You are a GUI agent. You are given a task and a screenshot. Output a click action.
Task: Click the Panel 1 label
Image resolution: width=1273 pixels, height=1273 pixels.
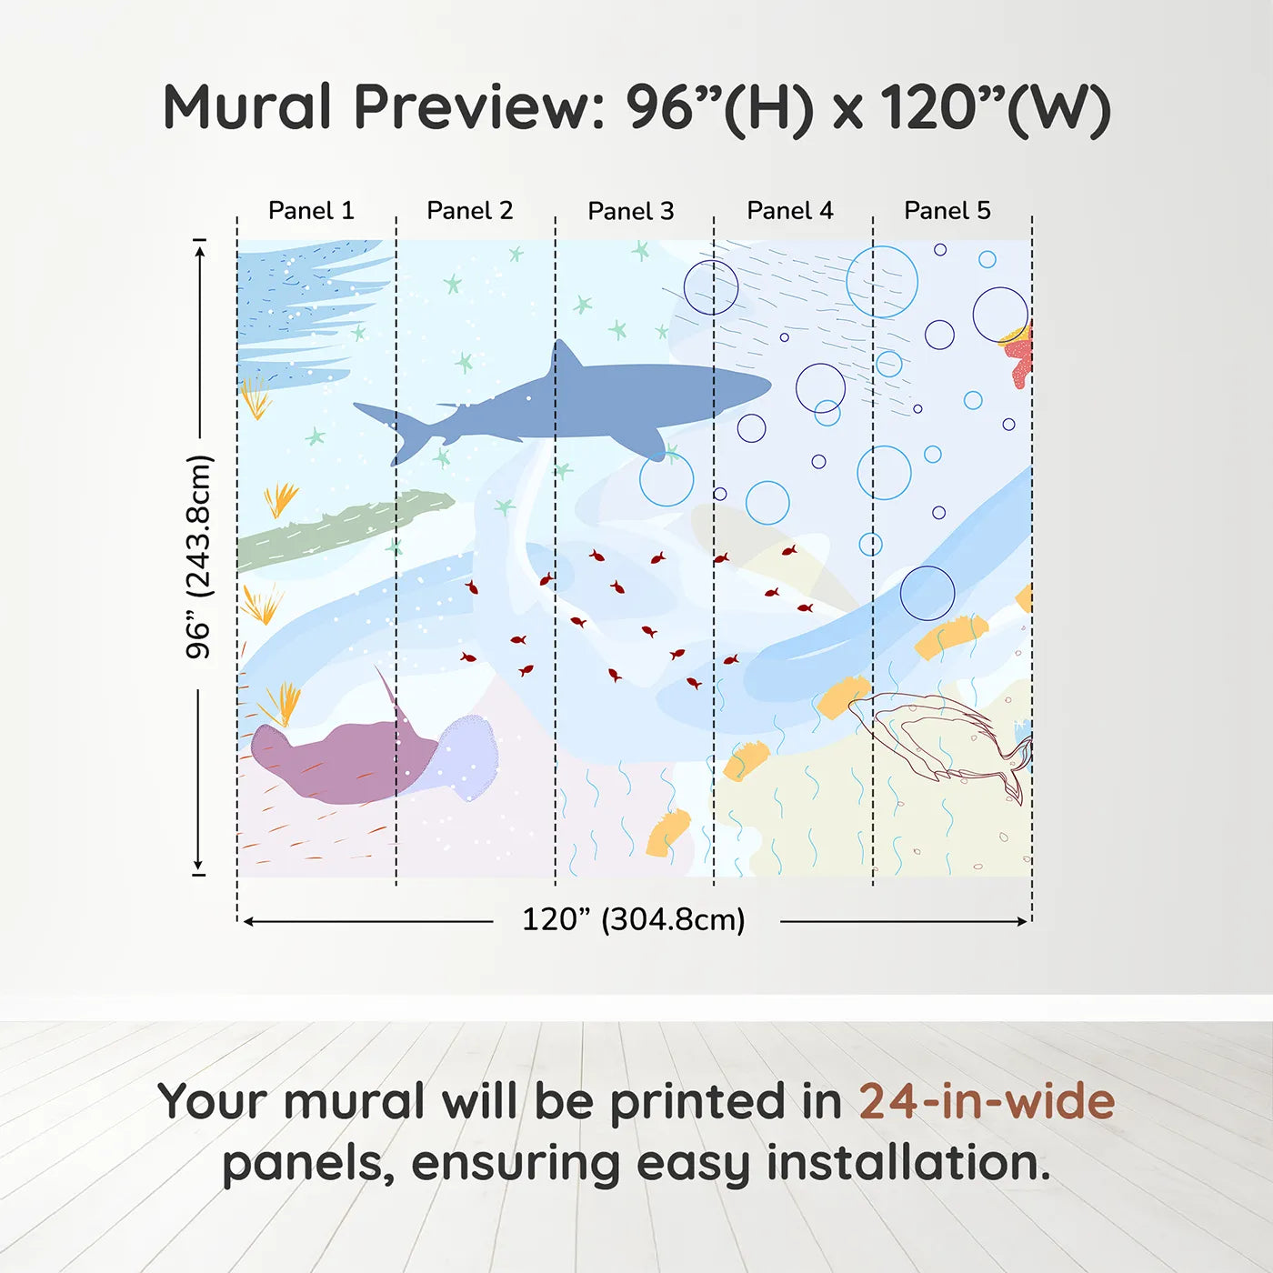pos(311,211)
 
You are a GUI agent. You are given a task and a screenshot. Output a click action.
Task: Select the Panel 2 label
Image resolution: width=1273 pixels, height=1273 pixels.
pos(470,211)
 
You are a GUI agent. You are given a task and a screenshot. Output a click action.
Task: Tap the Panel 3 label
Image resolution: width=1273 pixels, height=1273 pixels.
pos(631,212)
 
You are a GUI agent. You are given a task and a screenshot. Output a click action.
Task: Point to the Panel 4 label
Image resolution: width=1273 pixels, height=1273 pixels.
pos(790,211)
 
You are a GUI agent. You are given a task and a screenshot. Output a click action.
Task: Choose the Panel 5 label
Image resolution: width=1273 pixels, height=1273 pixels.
pos(947,211)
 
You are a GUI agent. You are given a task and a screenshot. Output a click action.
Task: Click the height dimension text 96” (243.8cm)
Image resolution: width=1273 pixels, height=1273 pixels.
pos(198,556)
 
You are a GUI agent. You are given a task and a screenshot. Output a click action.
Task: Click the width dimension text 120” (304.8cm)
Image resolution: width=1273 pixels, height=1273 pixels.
pos(634,920)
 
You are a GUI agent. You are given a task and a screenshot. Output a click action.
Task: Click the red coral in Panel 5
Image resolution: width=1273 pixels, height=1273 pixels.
pos(1018,355)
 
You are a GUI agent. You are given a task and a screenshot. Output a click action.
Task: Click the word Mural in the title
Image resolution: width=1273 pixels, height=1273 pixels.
pos(247,107)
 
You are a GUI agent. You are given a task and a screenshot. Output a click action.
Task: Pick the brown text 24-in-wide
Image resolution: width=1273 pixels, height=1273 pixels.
pos(987,1102)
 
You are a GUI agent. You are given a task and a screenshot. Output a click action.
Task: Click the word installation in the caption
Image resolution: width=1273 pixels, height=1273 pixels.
pos(907,1164)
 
